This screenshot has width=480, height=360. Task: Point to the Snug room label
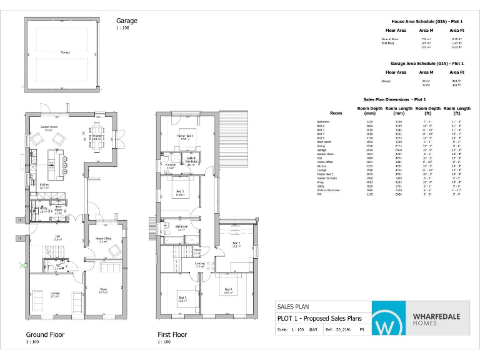tap(104, 289)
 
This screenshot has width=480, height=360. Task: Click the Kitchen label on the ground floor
tap(44, 186)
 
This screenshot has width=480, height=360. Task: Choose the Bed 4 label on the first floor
tap(228, 289)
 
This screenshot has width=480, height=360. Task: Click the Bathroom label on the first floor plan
tap(182, 227)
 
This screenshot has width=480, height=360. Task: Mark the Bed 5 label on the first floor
tap(237, 243)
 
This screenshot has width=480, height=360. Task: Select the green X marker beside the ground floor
tap(23, 266)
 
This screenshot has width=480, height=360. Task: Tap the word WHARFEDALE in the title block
tap(436, 316)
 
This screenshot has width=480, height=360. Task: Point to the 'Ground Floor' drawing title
tap(45, 334)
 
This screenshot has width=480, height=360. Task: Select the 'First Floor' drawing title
tap(172, 334)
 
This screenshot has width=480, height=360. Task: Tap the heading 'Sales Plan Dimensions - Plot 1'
tap(394, 99)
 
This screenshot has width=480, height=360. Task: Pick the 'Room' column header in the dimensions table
tap(336, 113)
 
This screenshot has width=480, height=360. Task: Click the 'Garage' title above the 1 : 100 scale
tap(126, 21)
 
